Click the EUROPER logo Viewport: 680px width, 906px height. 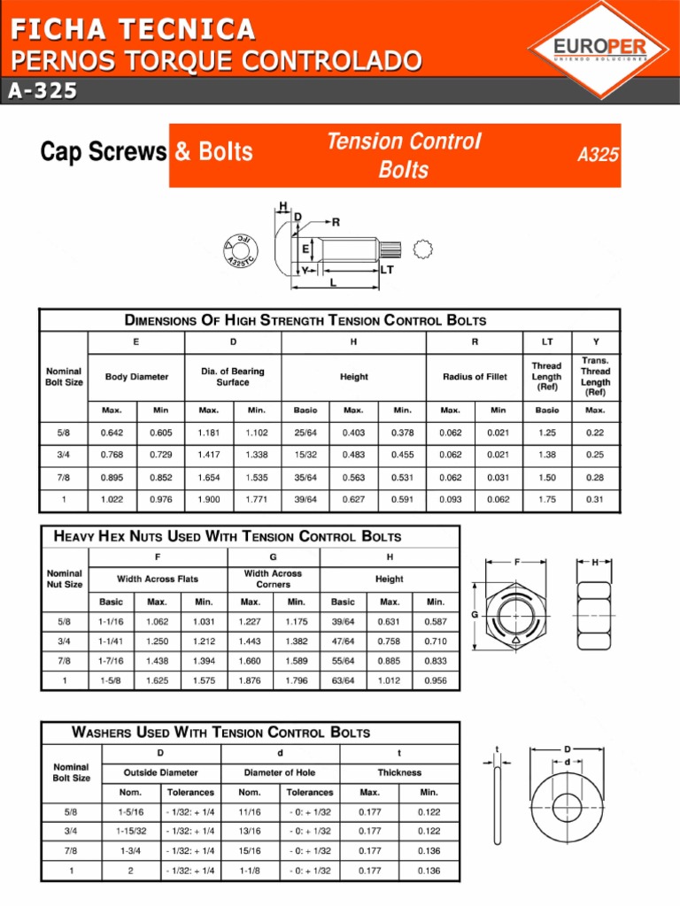tap(599, 49)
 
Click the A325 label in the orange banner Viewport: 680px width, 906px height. tap(598, 155)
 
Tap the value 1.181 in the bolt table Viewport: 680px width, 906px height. tap(209, 434)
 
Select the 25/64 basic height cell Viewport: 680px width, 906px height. tap(305, 434)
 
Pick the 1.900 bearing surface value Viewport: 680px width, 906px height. tap(209, 499)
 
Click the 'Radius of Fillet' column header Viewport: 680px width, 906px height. tap(475, 377)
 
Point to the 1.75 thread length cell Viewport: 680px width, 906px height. tap(546, 499)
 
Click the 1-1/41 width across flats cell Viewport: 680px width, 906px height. tap(111, 640)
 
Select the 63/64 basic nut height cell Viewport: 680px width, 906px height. tap(343, 680)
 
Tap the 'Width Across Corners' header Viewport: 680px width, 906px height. tap(273, 579)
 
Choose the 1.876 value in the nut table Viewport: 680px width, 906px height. tap(251, 680)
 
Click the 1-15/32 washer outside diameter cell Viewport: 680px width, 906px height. tap(131, 831)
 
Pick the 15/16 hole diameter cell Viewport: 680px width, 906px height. tap(250, 851)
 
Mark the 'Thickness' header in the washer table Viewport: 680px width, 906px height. tap(399, 772)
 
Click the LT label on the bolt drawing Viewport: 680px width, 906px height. tap(387, 270)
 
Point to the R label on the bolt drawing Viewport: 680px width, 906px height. tap(336, 222)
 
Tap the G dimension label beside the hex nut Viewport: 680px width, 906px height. tap(475, 614)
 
